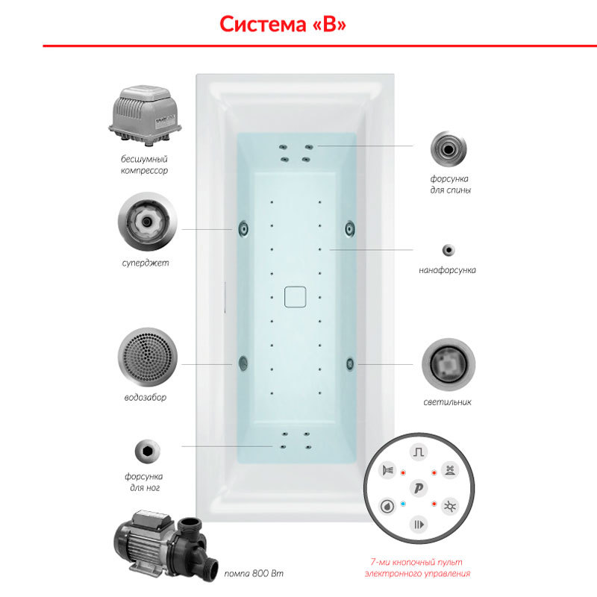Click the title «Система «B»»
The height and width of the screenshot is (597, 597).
[283, 24]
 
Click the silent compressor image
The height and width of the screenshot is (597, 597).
[145, 116]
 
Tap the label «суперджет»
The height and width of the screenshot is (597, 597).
[146, 263]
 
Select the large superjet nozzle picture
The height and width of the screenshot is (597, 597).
[147, 221]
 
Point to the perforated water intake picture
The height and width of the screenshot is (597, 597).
[147, 357]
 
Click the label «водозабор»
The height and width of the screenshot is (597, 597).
[146, 398]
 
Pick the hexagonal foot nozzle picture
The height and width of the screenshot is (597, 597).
[147, 451]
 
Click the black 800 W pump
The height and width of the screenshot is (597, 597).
[166, 546]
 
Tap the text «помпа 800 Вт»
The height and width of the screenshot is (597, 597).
[254, 573]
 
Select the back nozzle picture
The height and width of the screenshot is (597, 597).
[448, 149]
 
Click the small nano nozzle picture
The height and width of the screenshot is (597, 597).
[448, 250]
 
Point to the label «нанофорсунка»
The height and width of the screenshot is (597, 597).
[447, 270]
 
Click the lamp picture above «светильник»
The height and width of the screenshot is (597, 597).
[448, 364]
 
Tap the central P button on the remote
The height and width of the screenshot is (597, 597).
[419, 488]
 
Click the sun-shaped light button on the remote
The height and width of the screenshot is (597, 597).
[450, 507]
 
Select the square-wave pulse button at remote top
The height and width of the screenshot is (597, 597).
[419, 452]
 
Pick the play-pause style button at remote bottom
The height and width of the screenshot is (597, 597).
[419, 525]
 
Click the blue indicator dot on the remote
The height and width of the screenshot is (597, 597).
[403, 504]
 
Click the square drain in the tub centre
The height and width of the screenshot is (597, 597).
[295, 297]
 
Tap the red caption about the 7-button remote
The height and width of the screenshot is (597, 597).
[417, 568]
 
